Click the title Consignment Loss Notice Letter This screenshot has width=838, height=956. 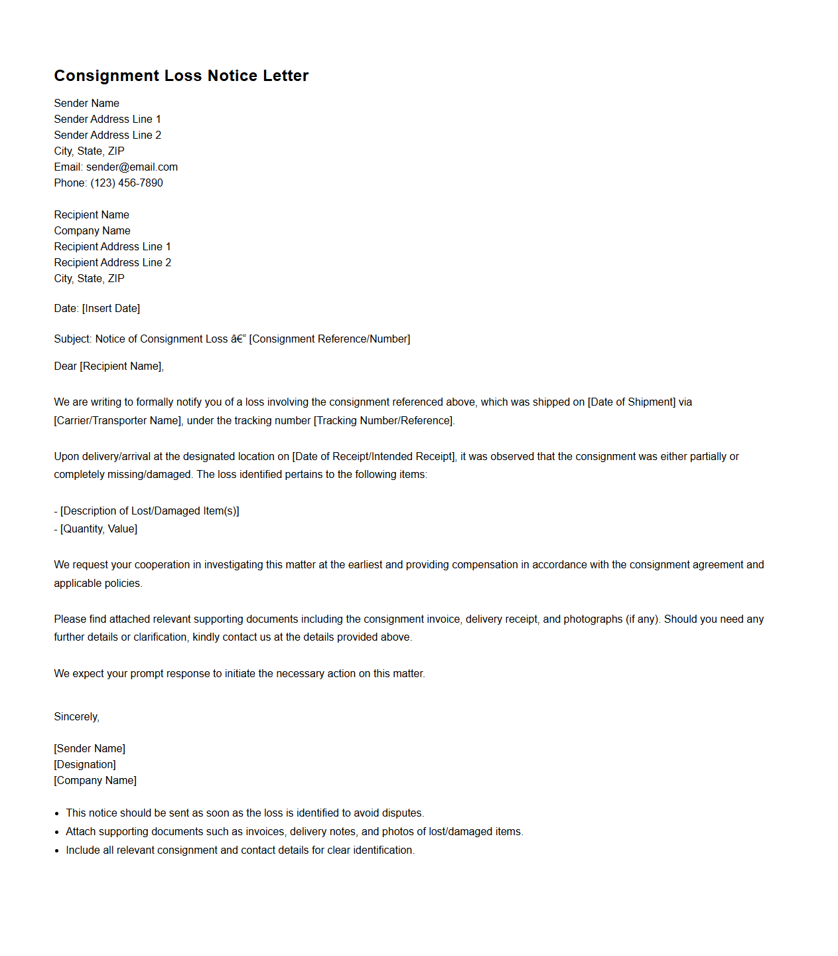(181, 76)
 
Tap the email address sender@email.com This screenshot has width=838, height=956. (132, 167)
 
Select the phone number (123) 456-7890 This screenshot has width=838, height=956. (127, 183)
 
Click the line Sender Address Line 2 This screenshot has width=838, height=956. (107, 135)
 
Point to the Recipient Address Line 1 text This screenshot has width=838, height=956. (112, 247)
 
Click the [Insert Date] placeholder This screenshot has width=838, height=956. (111, 309)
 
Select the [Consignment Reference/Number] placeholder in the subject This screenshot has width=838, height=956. (330, 339)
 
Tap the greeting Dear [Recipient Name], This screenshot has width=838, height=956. (109, 366)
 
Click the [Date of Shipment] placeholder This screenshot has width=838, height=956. (632, 402)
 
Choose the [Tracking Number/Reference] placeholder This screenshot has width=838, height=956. (384, 421)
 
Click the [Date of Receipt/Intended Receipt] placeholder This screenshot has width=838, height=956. (374, 457)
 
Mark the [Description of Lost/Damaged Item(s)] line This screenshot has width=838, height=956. (149, 511)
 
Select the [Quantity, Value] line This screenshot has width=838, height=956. (99, 529)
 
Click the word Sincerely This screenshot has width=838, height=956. (76, 717)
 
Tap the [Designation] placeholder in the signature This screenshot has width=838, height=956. (85, 765)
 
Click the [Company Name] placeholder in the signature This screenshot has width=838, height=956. (96, 781)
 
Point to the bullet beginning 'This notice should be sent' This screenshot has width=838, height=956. (245, 813)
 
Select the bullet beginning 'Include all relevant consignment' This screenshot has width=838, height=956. (240, 850)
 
